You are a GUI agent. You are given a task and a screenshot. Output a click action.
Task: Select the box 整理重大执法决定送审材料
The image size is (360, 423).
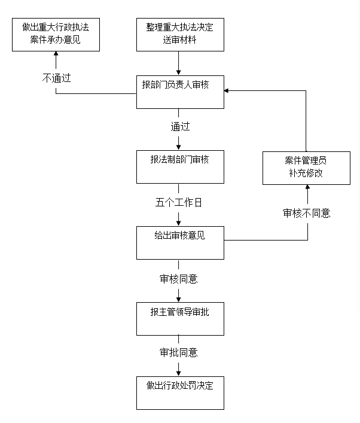point(179,34)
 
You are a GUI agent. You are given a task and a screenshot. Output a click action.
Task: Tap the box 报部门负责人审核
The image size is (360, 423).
point(179,92)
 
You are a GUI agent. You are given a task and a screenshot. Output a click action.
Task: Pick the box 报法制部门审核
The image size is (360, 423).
point(179,166)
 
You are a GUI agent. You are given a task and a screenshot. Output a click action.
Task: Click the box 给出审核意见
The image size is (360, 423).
point(179,242)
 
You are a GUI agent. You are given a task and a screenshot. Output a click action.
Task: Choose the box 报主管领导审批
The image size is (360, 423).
point(179,318)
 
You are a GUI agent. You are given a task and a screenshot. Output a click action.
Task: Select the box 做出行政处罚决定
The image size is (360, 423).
point(179,392)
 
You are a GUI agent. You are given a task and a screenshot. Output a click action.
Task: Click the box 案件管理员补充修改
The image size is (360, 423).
point(307,168)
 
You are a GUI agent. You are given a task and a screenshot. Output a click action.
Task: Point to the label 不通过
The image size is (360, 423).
point(56,78)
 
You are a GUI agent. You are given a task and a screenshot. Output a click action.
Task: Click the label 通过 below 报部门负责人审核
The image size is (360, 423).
point(179,126)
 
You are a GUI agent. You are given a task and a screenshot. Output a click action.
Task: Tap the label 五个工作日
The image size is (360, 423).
point(179,202)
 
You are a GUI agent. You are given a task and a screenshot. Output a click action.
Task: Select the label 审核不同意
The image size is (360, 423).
point(307,213)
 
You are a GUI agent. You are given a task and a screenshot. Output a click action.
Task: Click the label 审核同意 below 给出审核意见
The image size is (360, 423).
point(179,278)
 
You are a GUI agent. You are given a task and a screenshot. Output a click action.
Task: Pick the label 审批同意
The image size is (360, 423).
point(179,352)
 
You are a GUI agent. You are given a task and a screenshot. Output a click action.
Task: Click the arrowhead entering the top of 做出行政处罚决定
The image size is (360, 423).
point(179,373)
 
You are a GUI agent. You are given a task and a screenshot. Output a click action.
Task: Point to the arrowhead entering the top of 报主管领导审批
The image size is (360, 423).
point(179,299)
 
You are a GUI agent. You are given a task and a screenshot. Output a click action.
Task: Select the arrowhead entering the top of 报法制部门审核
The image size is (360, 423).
point(179,147)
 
